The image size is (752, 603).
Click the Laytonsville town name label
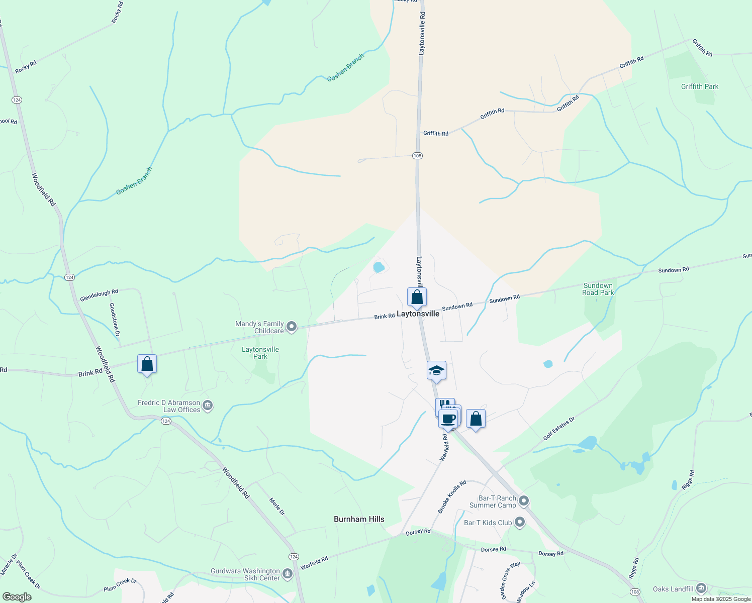pos(418,314)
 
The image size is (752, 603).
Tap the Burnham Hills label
pos(359,519)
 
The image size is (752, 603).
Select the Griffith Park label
pos(700,86)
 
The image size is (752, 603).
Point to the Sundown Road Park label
pos(598,289)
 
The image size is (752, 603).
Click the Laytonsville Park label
pos(260,353)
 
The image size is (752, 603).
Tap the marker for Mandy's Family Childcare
pos(292,328)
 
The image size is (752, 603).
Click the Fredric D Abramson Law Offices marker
pos(208,405)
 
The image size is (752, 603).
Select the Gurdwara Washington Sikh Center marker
pos(288,573)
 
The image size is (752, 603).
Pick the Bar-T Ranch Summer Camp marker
pos(524,500)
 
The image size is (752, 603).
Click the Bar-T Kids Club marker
pos(520,523)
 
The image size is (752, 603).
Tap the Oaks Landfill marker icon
pos(702,588)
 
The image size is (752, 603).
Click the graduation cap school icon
pos(436,371)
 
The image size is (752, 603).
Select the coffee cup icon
pos(448,419)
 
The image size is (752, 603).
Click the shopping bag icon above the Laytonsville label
pos(417,297)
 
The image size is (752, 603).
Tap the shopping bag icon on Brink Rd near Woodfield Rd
pos(147,364)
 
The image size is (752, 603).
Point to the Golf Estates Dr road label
pos(558,429)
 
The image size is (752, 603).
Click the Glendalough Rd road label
pos(99,295)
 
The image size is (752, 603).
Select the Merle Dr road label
pos(277,507)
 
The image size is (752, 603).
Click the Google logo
pos(17,597)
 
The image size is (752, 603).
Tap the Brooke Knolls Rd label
pos(452,497)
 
